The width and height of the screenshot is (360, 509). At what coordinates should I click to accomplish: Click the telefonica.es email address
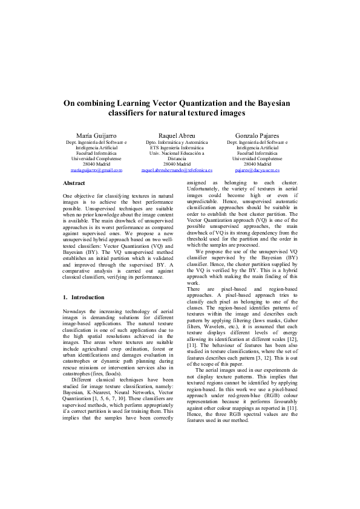coord(177,170)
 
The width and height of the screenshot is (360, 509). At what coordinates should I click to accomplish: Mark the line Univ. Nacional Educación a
coord(177,154)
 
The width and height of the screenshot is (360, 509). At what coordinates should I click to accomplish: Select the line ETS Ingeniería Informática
coord(177,148)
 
